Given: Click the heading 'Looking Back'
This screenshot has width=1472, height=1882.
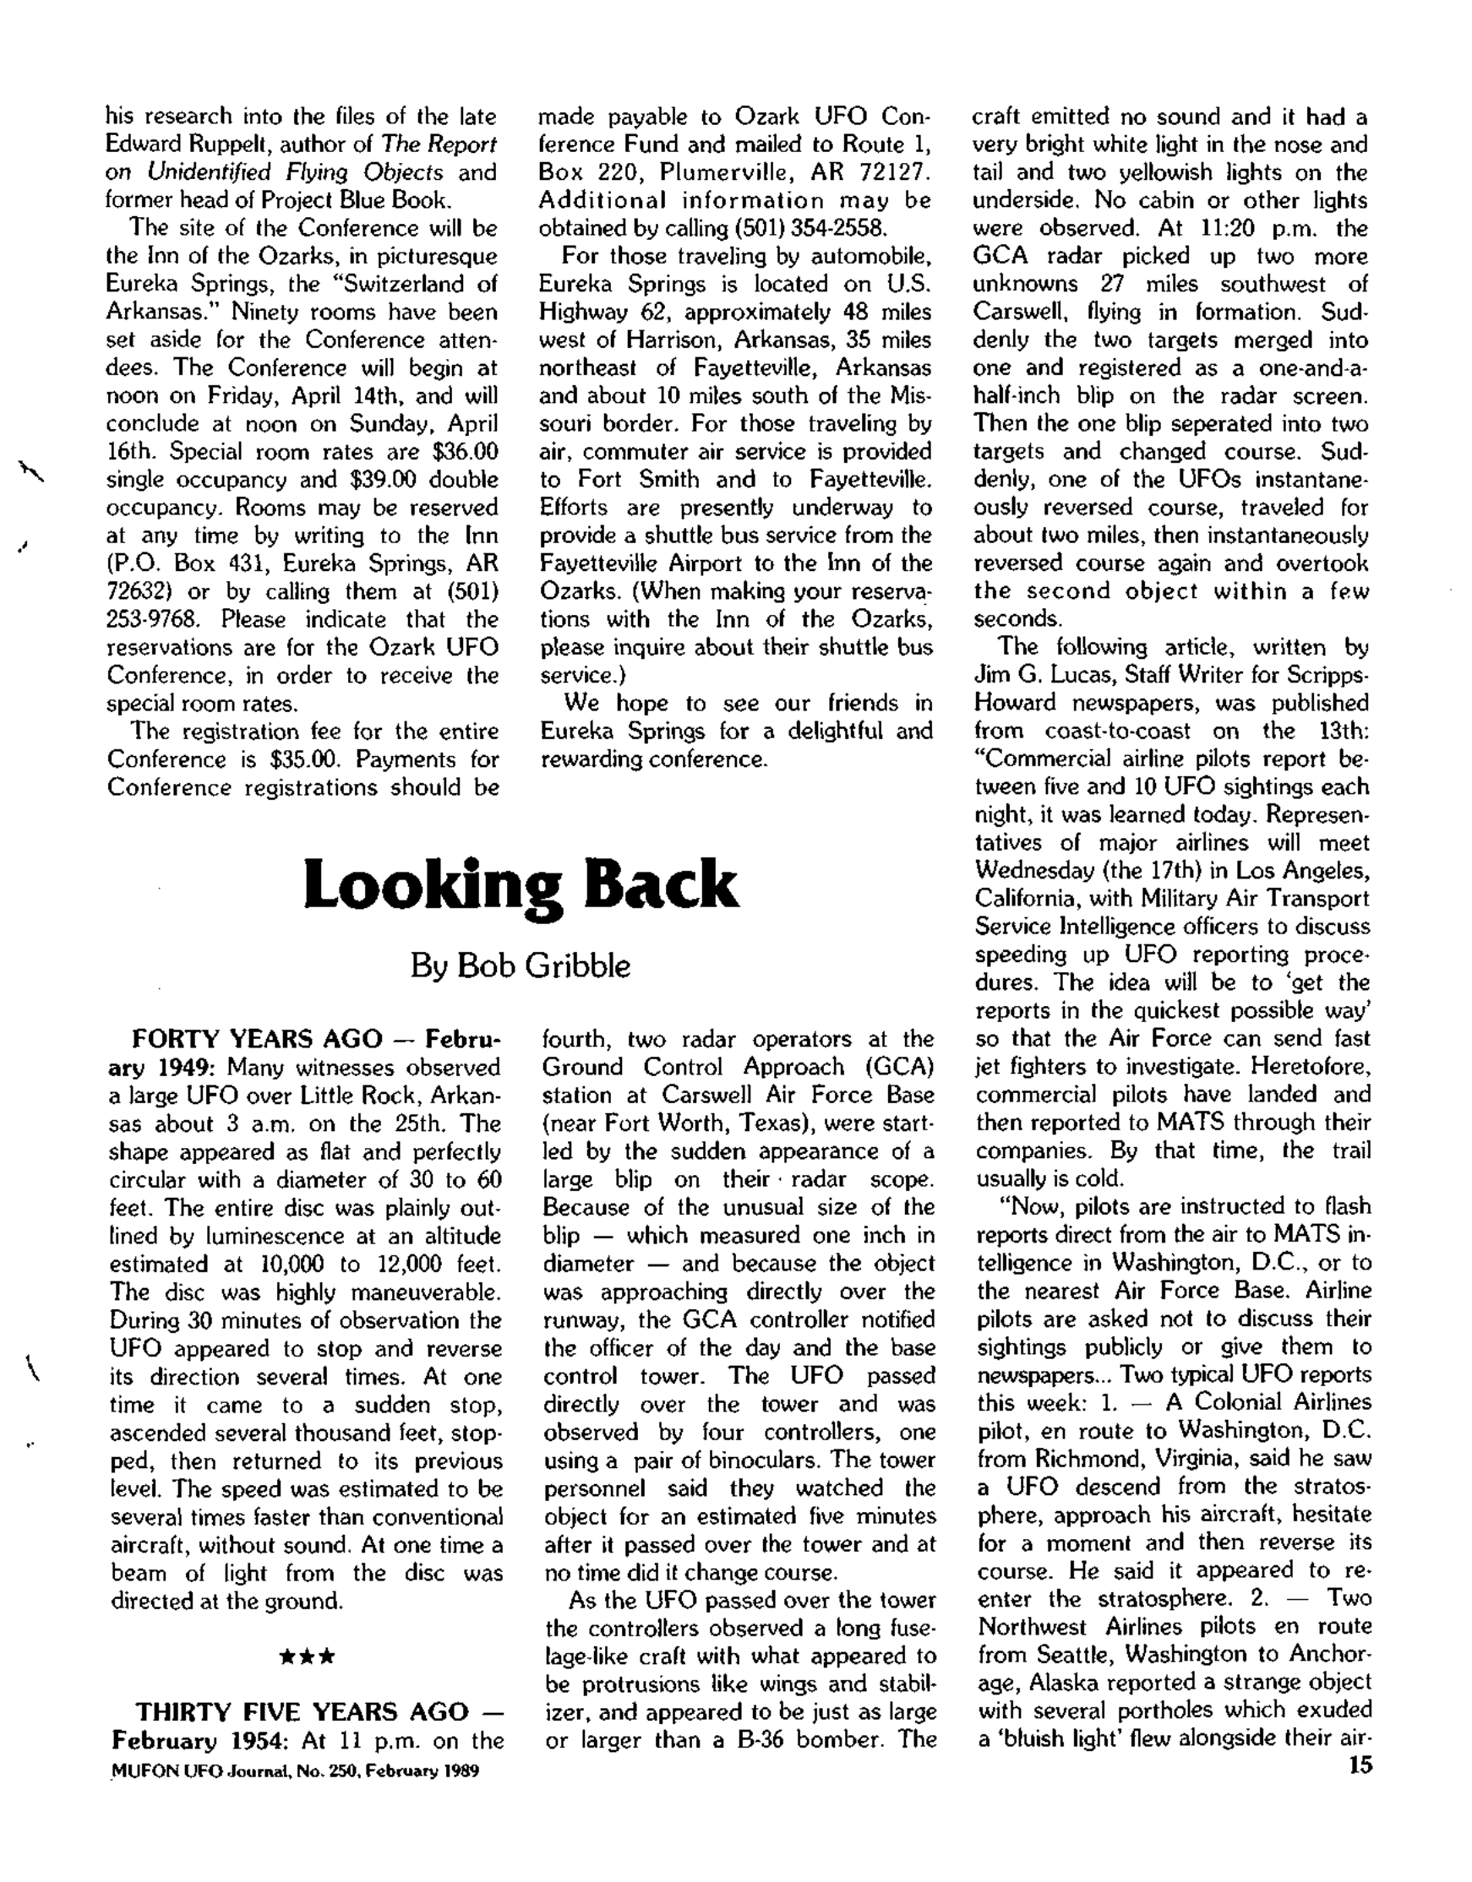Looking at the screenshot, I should point(521,886).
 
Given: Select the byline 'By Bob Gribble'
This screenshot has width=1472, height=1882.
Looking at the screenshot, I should point(520,966).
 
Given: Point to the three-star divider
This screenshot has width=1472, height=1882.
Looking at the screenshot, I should point(307,1656).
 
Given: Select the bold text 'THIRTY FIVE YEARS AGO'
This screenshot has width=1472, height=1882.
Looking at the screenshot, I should point(302,1711).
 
